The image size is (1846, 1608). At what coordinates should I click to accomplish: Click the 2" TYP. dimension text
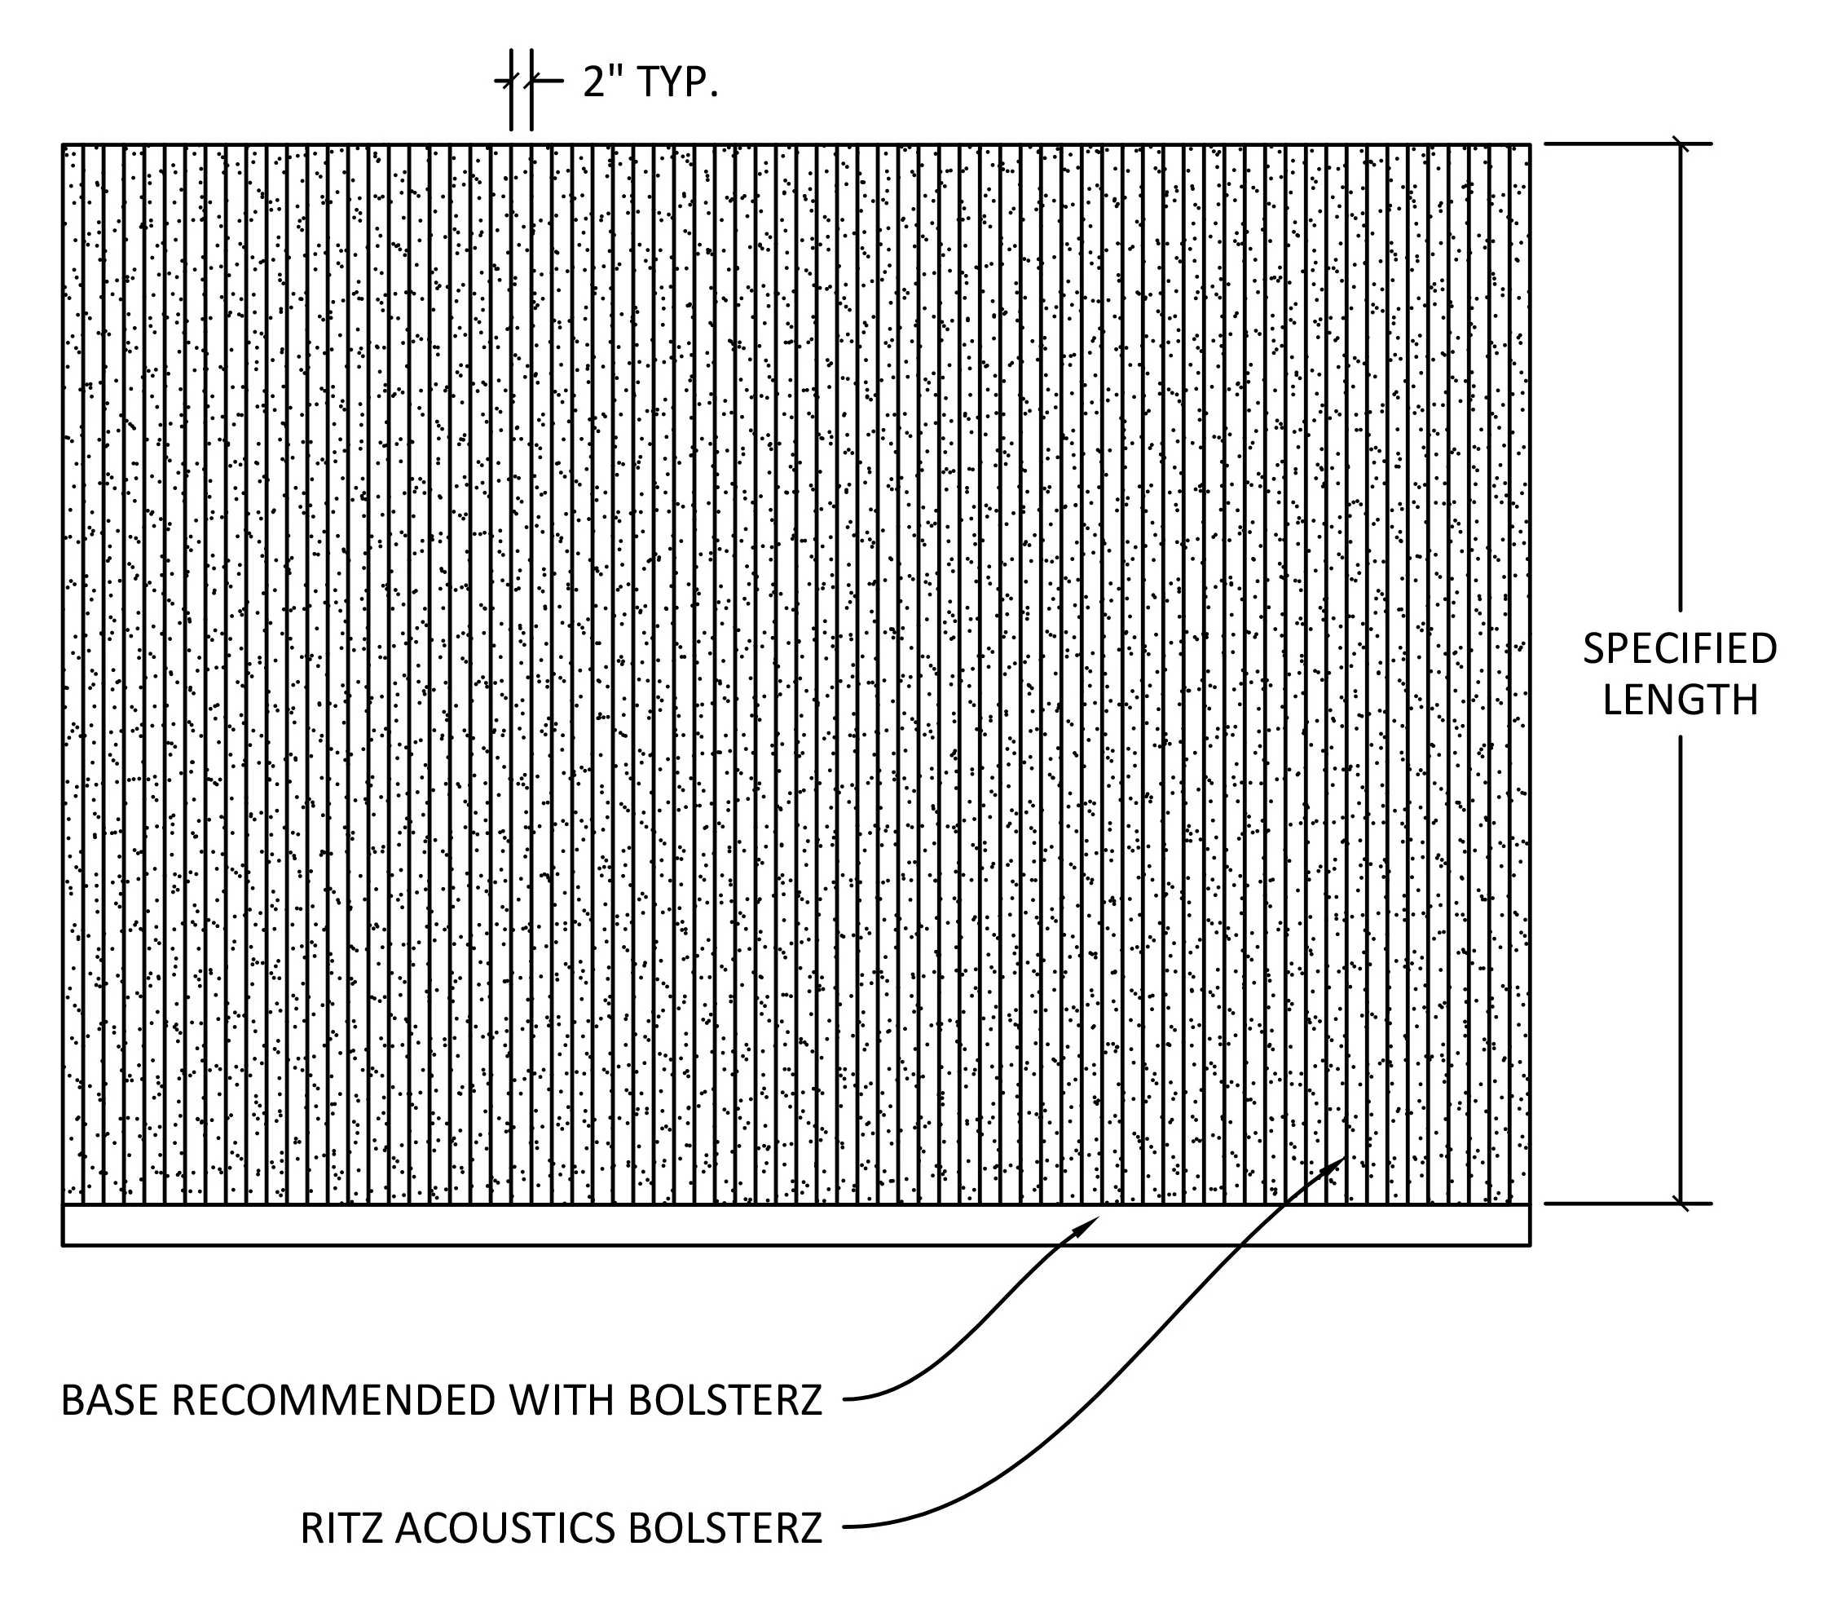650,82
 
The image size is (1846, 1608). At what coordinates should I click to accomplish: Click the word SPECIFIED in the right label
1679,649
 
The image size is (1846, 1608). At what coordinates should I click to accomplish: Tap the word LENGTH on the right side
1679,700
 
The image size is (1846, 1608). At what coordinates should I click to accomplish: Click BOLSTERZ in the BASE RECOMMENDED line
725,1401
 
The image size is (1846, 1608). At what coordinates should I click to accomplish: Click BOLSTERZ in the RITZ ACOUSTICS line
725,1529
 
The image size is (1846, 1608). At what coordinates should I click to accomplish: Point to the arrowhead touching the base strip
1089,1222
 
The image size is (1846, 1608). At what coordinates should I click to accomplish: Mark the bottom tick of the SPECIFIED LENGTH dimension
1680,1204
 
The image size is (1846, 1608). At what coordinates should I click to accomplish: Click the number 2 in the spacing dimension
593,82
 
